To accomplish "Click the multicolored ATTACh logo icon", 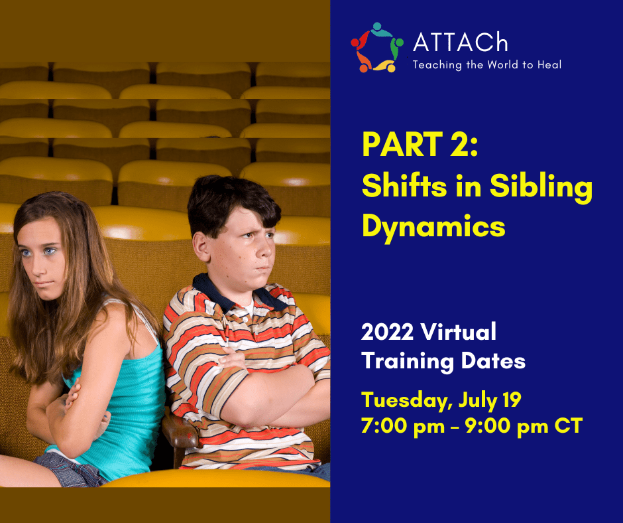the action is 377,48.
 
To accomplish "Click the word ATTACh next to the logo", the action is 461,42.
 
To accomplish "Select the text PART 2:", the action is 420,145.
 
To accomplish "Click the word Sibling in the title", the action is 541,187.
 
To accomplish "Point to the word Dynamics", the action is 433,227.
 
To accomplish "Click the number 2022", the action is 387,332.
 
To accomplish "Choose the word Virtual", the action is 458,332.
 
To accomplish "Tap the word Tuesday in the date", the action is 407,400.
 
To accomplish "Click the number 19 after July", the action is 512,400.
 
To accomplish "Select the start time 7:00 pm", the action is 403,426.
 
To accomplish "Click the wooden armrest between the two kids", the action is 179,432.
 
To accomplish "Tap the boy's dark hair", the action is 233,203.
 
